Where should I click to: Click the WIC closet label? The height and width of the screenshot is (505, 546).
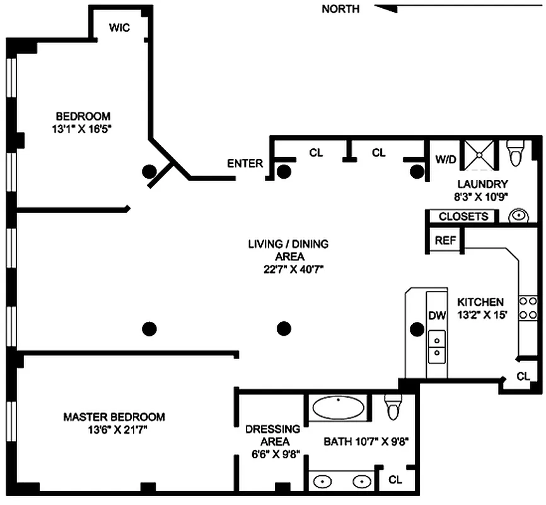[x=120, y=28]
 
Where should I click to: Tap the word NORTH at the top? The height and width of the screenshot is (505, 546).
[x=340, y=9]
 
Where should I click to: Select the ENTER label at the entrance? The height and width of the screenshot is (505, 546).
[x=245, y=163]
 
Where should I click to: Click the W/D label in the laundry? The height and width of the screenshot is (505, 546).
[x=446, y=159]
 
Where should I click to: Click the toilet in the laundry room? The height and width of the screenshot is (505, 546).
[x=516, y=153]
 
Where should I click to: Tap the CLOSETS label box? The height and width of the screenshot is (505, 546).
[x=463, y=217]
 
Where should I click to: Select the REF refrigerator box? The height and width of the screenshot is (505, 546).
[x=445, y=241]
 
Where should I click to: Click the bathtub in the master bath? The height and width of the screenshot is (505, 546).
[x=339, y=408]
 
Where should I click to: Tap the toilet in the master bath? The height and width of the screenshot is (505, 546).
[x=393, y=408]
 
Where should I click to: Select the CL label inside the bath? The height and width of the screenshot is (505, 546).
[x=395, y=480]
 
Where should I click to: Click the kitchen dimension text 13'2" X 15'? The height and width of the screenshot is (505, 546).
[x=482, y=315]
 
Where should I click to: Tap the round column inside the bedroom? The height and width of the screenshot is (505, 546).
[x=149, y=170]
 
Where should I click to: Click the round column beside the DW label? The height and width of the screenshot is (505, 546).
[x=416, y=328]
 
